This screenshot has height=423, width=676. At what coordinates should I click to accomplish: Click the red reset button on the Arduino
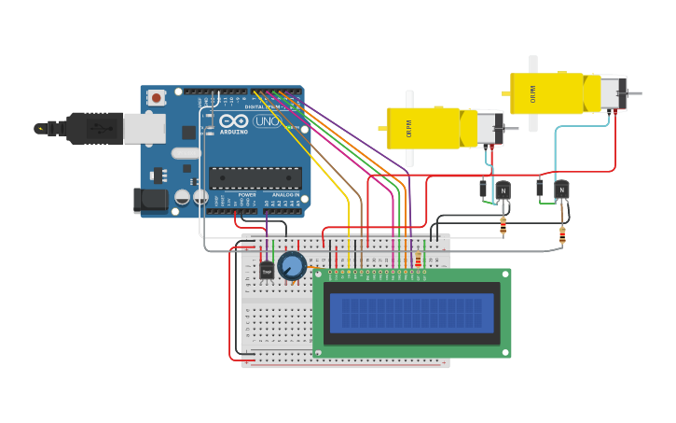[x=156, y=97]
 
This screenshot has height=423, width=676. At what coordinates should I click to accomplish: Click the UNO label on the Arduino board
[x=268, y=121]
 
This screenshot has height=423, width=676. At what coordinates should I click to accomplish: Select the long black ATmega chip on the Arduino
[x=255, y=177]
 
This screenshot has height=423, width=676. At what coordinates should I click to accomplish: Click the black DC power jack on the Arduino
[x=149, y=198]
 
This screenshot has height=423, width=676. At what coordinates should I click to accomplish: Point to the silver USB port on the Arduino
[x=144, y=129]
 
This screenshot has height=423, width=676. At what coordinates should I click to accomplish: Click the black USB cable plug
[x=93, y=129]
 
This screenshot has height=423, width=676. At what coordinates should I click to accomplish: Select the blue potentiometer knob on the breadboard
[x=292, y=266]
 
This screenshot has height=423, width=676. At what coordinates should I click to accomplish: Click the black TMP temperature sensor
[x=267, y=270]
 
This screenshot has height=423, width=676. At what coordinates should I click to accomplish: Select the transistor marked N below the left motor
[x=504, y=190]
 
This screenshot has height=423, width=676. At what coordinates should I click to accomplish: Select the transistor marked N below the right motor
[x=561, y=190]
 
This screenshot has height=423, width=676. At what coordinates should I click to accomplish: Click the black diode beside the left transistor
[x=483, y=189]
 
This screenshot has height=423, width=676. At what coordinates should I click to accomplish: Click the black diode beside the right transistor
[x=540, y=189]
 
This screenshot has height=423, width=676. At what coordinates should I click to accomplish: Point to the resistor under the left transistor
[x=504, y=225]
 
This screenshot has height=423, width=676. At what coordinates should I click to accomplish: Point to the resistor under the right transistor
[x=562, y=235]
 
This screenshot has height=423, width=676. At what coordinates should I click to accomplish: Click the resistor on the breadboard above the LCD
[x=418, y=258]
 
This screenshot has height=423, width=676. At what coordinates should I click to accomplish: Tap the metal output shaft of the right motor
[x=633, y=93]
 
